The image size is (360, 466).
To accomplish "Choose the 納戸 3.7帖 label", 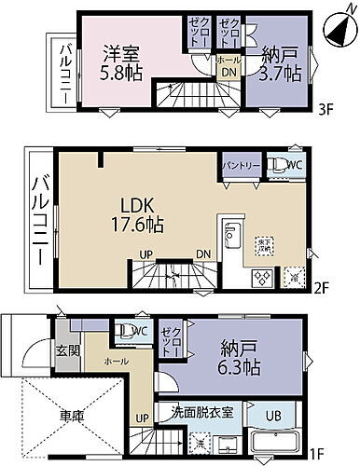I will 280,64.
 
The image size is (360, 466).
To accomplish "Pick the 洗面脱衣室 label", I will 208,411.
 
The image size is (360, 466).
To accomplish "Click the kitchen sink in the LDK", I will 233,234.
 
